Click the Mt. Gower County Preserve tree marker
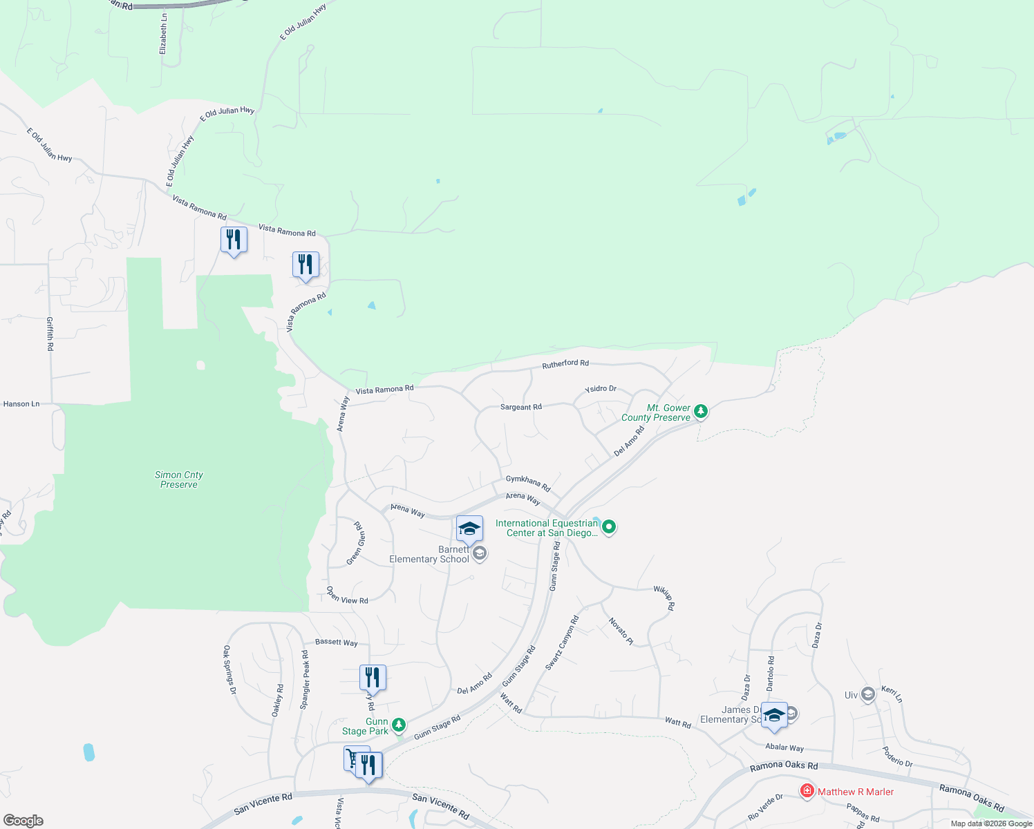701,412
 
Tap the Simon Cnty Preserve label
179,479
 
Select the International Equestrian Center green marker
609,528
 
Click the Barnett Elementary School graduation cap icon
469,529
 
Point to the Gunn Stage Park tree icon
398,725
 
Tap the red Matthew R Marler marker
807,791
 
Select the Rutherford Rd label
565,363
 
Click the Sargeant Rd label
521,407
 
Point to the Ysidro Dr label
601,389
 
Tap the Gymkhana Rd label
528,483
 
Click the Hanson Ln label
21,404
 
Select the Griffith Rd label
50,334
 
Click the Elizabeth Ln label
163,34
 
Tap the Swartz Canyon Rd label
562,643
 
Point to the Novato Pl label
621,631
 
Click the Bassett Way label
337,642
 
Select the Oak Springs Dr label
229,670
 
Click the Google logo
23,821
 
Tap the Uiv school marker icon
868,695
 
